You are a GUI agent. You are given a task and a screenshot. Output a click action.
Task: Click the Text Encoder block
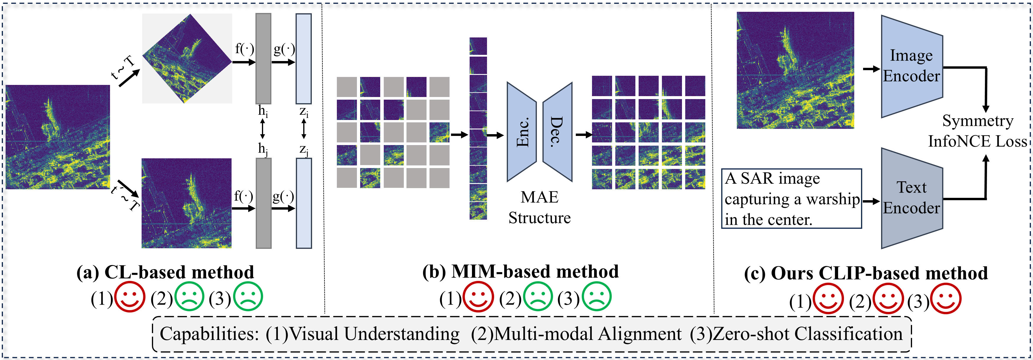911,198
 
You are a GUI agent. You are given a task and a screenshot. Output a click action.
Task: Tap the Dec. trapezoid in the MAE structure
558,132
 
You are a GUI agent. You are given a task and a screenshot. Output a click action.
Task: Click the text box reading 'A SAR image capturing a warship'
791,199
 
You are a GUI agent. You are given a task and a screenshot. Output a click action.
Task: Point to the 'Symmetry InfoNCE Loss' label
977,131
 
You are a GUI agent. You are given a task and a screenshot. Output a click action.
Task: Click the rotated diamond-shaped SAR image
187,59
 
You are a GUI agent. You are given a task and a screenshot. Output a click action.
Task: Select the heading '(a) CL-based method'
165,272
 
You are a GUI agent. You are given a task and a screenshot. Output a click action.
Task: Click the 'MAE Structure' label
539,207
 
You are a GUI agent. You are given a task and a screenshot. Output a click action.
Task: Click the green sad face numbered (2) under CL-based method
189,297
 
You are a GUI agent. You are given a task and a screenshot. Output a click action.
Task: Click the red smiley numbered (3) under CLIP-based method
946,299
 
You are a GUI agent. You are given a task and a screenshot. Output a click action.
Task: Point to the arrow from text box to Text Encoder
871,201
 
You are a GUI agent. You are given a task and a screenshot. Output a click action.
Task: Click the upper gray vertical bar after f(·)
263,59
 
